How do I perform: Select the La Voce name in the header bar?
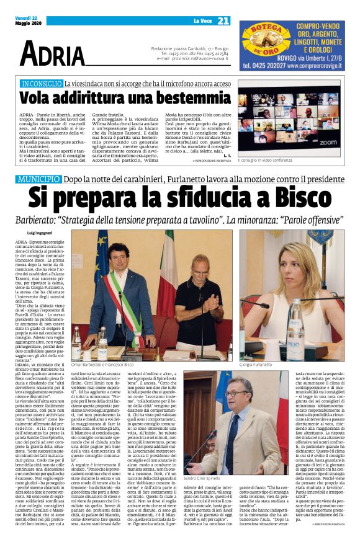[202, 21]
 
